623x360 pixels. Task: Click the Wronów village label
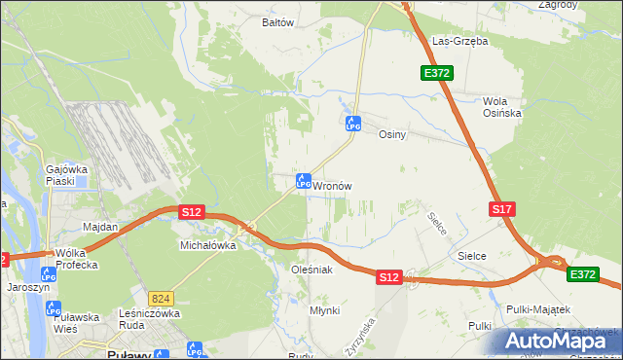click(332, 185)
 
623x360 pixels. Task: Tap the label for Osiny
click(391, 135)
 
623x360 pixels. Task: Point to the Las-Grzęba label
click(459, 41)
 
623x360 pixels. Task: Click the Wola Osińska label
click(503, 107)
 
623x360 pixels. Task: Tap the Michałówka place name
click(208, 246)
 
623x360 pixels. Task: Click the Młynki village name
click(324, 309)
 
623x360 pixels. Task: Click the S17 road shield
click(501, 209)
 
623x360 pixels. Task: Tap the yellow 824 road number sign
click(162, 296)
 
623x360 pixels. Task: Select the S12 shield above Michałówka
click(191, 211)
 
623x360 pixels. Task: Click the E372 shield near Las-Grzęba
click(434, 73)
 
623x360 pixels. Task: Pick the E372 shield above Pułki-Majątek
click(583, 275)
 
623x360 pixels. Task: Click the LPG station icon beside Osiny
click(353, 124)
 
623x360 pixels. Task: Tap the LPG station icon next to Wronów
click(303, 181)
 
